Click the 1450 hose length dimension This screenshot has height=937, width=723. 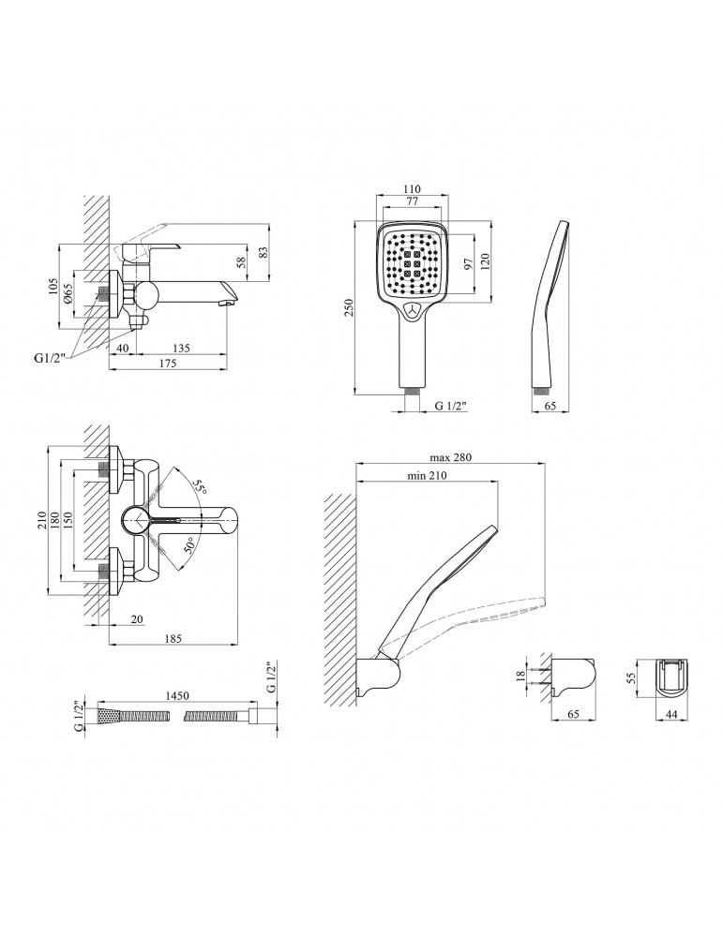[x=176, y=695]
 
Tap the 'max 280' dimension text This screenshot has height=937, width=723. [x=451, y=457]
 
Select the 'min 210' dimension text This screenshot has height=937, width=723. [x=427, y=476]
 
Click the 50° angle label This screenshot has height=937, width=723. [x=189, y=546]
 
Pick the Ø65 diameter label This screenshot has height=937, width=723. [x=68, y=293]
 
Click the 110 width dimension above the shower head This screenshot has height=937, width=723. [x=412, y=189]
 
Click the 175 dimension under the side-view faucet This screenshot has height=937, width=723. [x=168, y=364]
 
